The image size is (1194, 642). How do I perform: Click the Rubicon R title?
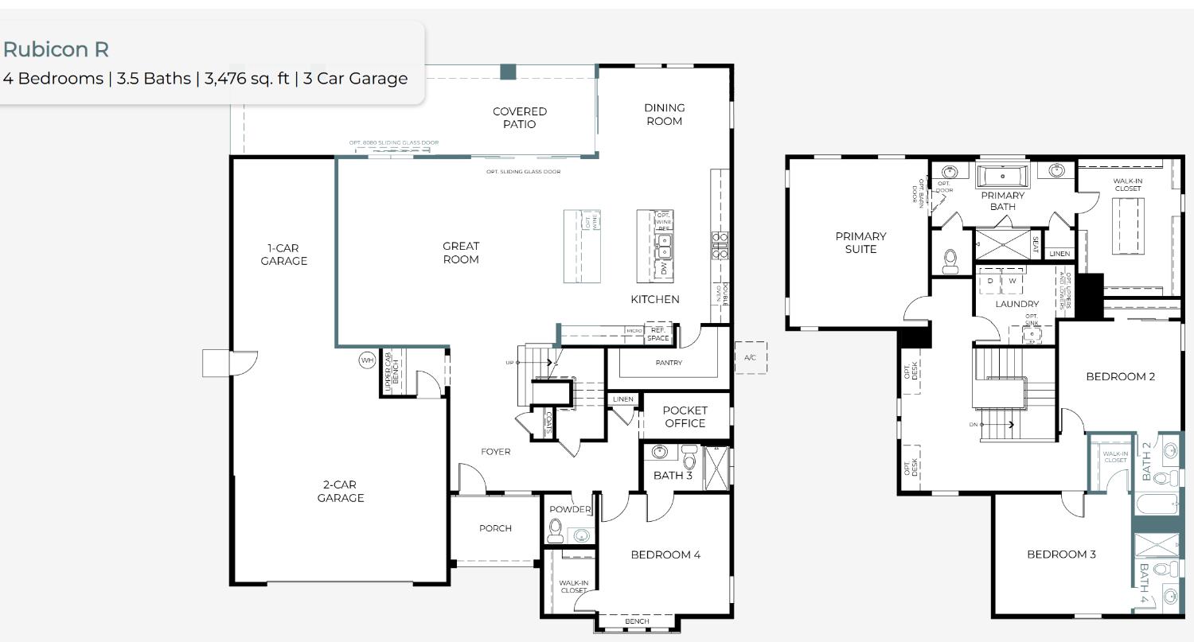[x=56, y=49]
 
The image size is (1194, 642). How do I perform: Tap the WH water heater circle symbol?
[x=366, y=360]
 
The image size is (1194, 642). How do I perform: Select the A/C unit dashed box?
[x=750, y=358]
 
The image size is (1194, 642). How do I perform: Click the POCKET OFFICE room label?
[x=685, y=417]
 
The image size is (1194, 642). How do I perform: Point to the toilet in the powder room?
[x=556, y=529]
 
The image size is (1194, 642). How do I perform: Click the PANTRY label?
[x=669, y=363]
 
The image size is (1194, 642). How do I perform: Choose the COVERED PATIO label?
[x=520, y=118]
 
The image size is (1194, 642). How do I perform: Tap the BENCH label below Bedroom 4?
[x=637, y=621]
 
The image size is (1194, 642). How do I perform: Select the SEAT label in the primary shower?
[x=1035, y=243]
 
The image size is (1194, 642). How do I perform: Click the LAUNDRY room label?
[x=1016, y=304]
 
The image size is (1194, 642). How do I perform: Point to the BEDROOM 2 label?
[x=1120, y=376]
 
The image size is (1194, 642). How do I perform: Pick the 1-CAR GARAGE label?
[x=283, y=255]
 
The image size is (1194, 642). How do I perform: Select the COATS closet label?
[x=548, y=423]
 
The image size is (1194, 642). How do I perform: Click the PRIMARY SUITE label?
[x=860, y=243]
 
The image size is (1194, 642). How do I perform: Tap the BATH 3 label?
[x=673, y=476]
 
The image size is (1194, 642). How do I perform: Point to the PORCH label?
[x=495, y=528]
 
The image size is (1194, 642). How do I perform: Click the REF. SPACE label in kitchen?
[x=657, y=333]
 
